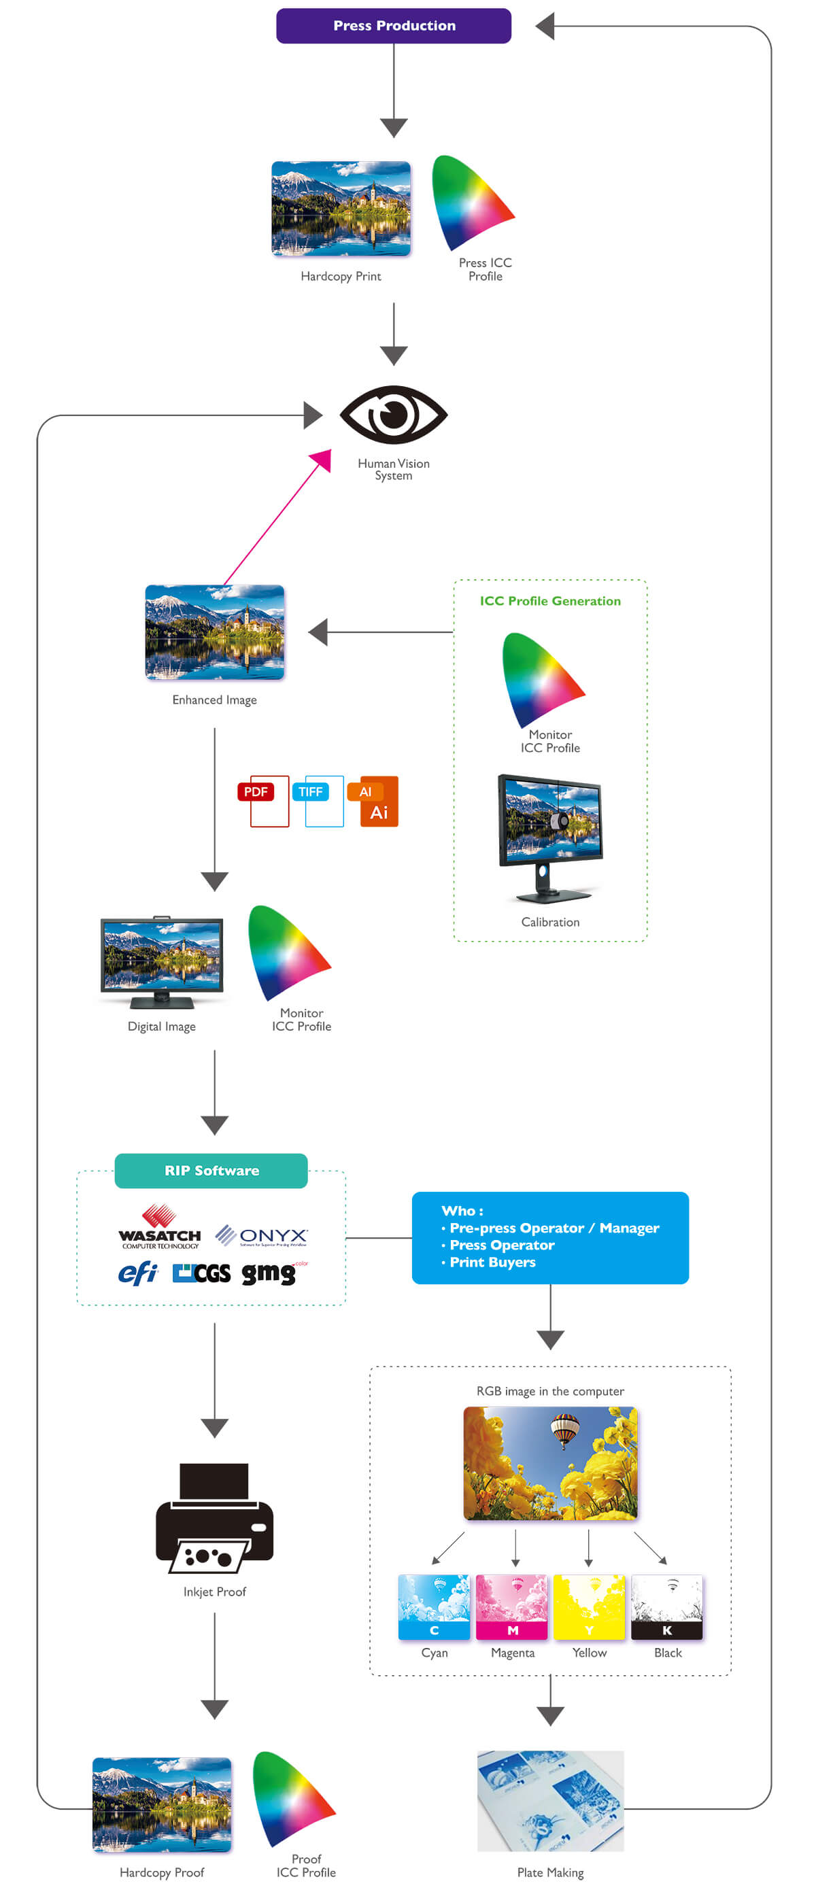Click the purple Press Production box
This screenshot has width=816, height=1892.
tap(394, 26)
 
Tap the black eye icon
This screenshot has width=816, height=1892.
tap(394, 415)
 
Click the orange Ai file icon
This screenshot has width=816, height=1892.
tap(376, 802)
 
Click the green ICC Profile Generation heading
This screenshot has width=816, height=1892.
tap(550, 601)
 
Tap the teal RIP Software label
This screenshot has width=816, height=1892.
tap(211, 1171)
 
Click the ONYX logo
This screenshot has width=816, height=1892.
tap(262, 1236)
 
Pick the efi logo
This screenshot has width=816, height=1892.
tap(138, 1273)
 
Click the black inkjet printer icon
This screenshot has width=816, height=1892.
tap(214, 1517)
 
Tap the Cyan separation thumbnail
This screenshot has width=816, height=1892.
tap(434, 1607)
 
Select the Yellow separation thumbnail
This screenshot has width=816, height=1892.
tap(589, 1607)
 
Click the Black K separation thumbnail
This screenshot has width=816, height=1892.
tap(667, 1607)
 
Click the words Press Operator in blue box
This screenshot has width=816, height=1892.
tap(503, 1245)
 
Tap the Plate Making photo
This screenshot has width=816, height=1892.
tap(550, 1800)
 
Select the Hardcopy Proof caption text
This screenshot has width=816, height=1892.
tap(162, 1872)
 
